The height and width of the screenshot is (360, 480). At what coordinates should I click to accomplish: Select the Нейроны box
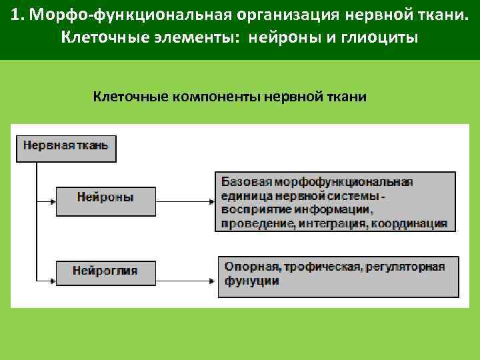(105, 198)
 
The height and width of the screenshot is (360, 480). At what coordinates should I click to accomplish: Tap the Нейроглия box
(105, 271)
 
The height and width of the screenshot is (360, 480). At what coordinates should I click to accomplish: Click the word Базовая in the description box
(242, 181)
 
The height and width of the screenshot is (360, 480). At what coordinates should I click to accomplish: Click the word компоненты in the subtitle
(216, 97)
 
